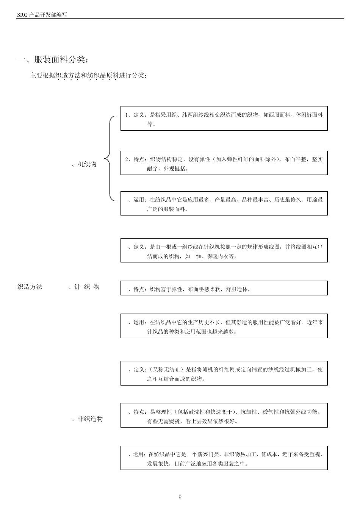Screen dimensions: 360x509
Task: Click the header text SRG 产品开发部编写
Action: [x=42, y=15]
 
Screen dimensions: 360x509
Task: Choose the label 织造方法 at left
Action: [x=30, y=287]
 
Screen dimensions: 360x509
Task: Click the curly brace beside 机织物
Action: [x=109, y=158]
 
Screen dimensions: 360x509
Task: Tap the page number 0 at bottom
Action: [x=180, y=497]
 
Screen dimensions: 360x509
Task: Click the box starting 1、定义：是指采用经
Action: [x=224, y=119]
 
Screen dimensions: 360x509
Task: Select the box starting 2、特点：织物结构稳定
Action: [x=224, y=164]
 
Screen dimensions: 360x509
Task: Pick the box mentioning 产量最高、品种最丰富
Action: [x=224, y=204]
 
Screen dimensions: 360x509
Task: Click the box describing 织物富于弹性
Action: [x=224, y=288]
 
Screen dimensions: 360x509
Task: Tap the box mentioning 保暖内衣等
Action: [x=224, y=251]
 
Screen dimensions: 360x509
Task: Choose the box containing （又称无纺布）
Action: [x=224, y=373]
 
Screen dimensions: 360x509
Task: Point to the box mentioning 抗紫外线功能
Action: [x=224, y=415]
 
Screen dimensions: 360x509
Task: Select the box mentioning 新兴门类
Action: [x=224, y=458]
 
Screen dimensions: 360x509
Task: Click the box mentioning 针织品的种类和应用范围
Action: [x=224, y=326]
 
